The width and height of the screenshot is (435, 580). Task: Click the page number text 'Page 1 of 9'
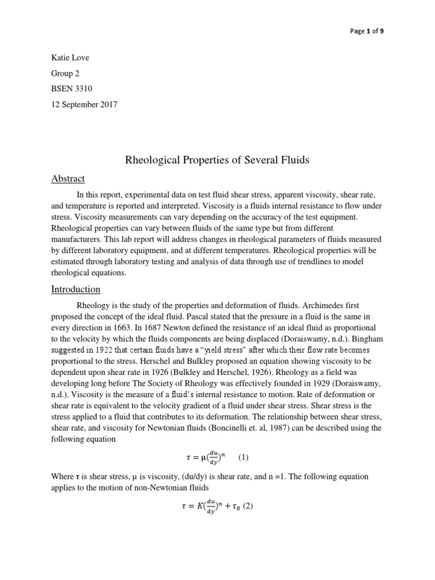(366, 31)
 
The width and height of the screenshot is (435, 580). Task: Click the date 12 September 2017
(84, 105)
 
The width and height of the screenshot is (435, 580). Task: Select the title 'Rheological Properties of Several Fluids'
(217, 160)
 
